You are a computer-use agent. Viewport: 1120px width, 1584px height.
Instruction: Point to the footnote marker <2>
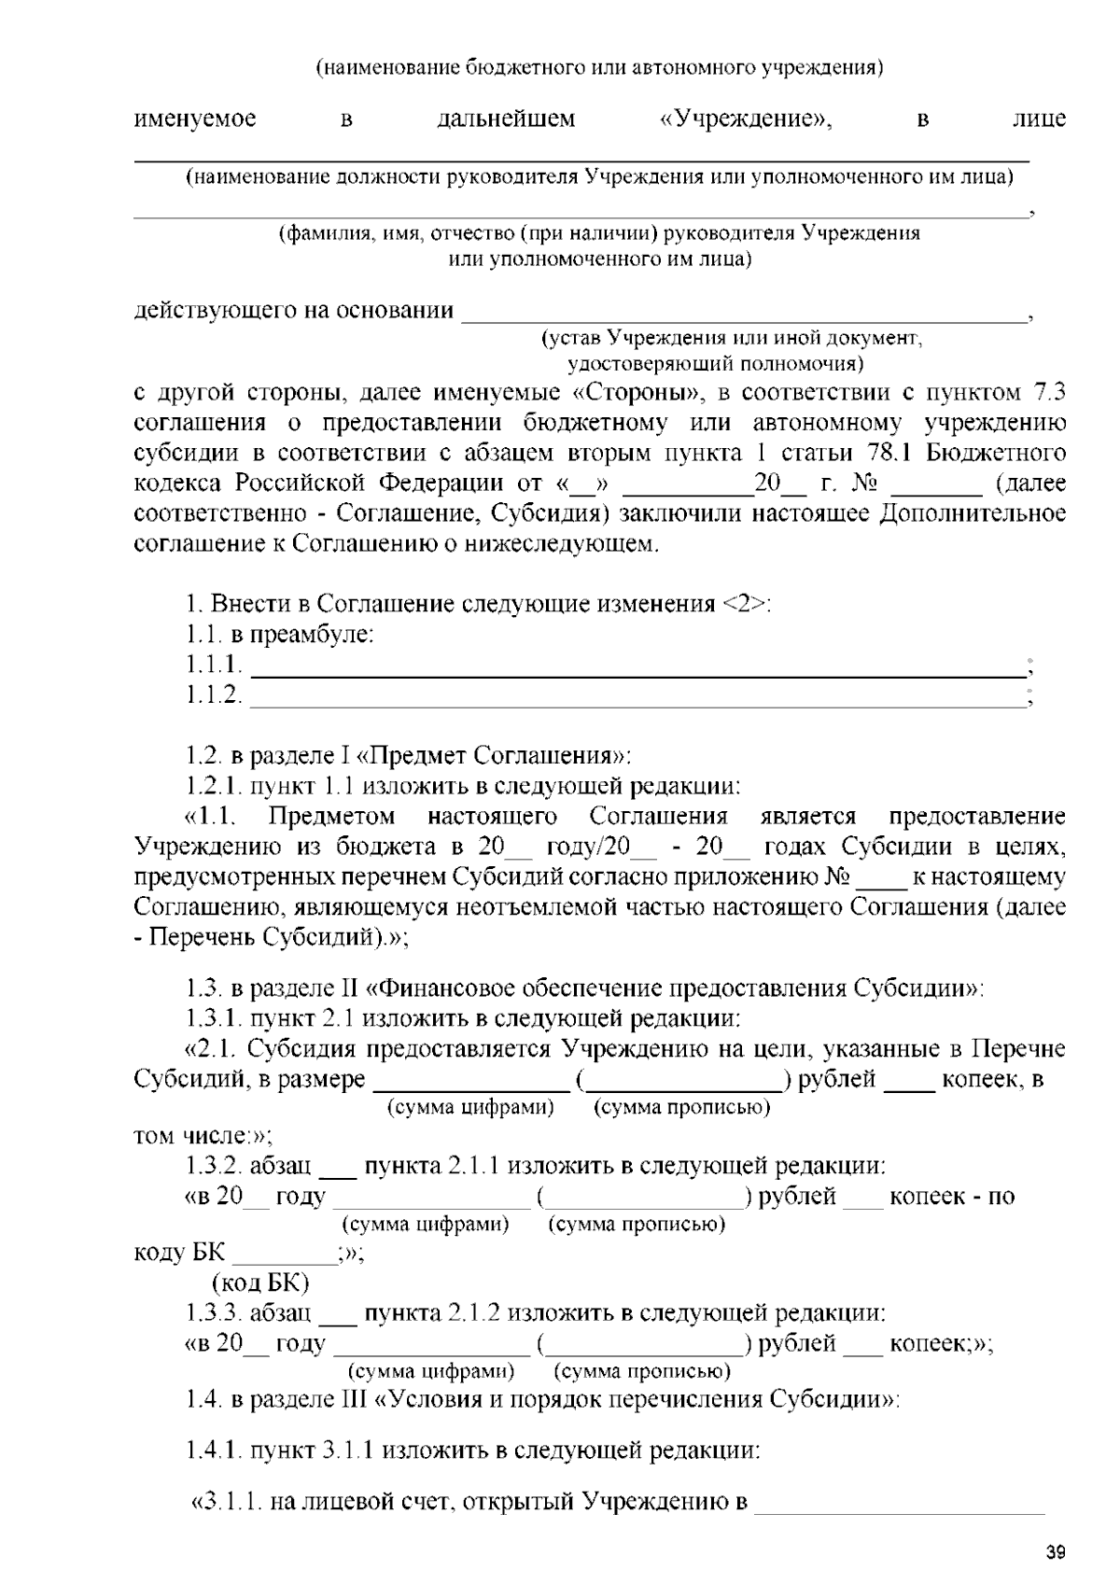(x=745, y=604)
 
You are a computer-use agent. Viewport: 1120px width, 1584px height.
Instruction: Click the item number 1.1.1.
(x=214, y=665)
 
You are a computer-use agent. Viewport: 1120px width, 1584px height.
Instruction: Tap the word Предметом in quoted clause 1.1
(x=331, y=817)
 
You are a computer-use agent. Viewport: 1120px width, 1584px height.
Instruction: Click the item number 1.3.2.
(x=214, y=1166)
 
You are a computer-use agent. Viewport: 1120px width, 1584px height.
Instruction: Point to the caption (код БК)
(x=260, y=1283)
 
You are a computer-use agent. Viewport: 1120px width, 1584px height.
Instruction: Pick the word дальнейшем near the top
(x=506, y=119)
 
